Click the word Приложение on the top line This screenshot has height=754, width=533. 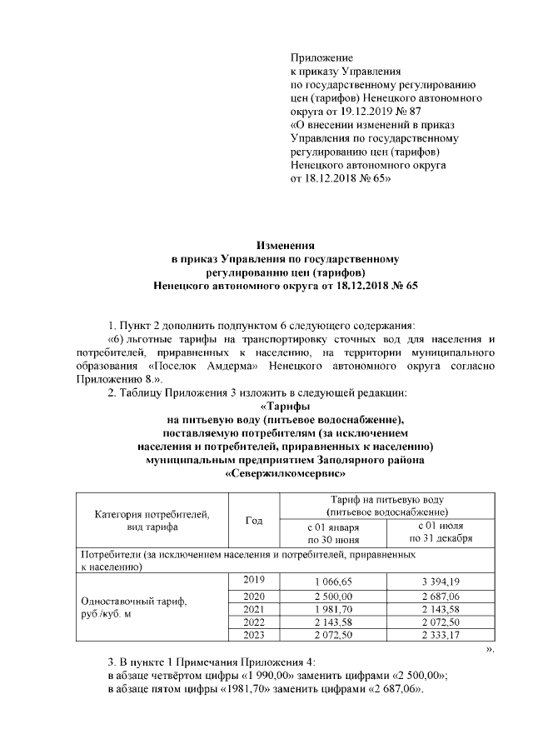click(x=321, y=57)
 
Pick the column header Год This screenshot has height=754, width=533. click(x=255, y=521)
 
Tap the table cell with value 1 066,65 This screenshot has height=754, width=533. click(x=333, y=581)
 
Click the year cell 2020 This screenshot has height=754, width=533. click(x=254, y=597)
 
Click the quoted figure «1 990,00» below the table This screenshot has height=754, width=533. click(x=272, y=677)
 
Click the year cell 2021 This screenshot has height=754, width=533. click(x=254, y=610)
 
